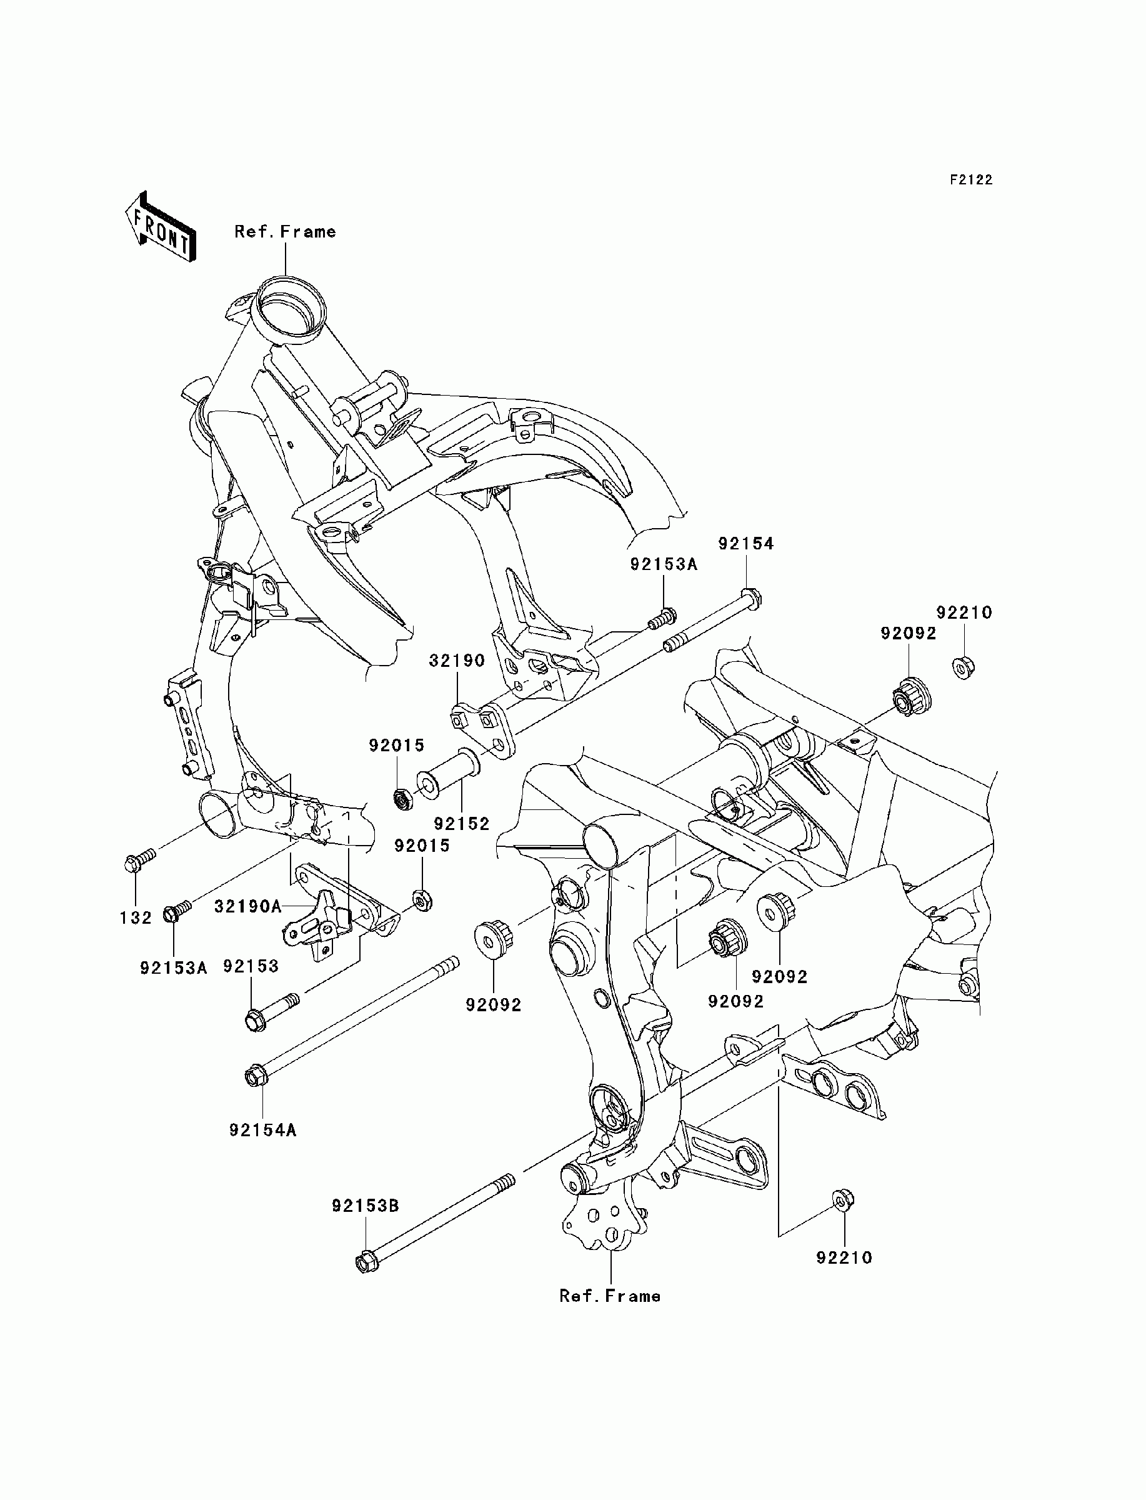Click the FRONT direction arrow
pyautogui.click(x=161, y=227)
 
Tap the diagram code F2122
pyautogui.click(x=972, y=180)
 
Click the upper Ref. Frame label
pyautogui.click(x=285, y=232)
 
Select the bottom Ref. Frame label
pyautogui.click(x=610, y=1296)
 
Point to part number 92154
pyautogui.click(x=746, y=544)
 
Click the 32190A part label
pyautogui.click(x=247, y=906)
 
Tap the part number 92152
pyautogui.click(x=462, y=824)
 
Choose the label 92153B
pyautogui.click(x=366, y=1206)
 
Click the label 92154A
pyautogui.click(x=262, y=1130)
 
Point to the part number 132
pyautogui.click(x=136, y=918)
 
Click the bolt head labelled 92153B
pyautogui.click(x=366, y=1262)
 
